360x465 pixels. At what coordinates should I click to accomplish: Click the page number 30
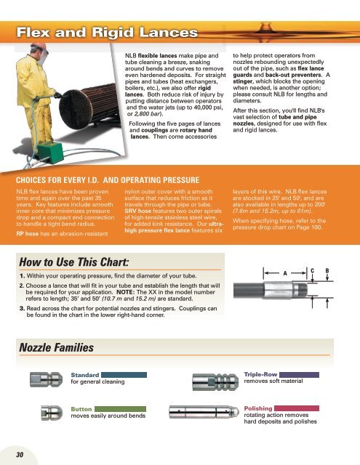click(20, 455)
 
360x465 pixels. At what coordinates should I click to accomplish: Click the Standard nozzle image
click(47, 379)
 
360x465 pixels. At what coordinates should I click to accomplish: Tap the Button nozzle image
click(52, 413)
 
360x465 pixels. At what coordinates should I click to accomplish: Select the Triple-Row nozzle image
click(215, 381)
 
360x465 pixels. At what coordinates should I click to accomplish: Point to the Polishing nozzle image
click(204, 412)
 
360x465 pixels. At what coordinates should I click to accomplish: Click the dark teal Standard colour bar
click(124, 375)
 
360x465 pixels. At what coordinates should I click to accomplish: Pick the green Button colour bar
click(120, 409)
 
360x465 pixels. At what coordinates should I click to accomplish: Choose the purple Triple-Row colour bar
click(299, 375)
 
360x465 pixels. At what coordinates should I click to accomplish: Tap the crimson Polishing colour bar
click(297, 408)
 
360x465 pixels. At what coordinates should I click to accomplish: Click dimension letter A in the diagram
click(285, 273)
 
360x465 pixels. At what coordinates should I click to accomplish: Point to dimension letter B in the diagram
click(327, 270)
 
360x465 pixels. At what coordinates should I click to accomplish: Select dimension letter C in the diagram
click(312, 270)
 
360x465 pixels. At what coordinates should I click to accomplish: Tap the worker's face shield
click(42, 57)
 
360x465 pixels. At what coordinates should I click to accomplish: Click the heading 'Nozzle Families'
click(57, 347)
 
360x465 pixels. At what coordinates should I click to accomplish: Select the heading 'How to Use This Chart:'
click(74, 262)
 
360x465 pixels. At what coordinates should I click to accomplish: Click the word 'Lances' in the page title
click(169, 32)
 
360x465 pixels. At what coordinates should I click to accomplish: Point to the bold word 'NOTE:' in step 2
click(126, 292)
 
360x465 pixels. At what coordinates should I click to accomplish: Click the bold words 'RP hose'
click(28, 234)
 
